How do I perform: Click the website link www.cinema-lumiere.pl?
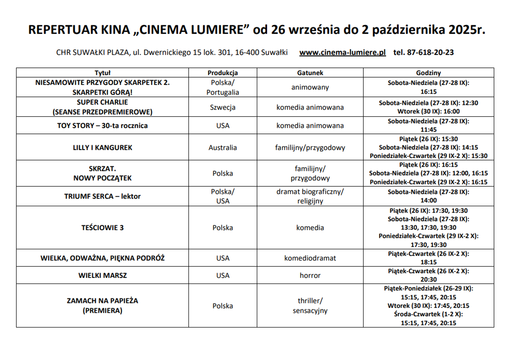342,52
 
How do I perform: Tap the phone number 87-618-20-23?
430,52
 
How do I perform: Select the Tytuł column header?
102,73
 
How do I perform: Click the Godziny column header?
428,73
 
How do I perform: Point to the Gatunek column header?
310,73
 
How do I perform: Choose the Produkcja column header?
223,73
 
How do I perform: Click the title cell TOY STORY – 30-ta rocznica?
102,126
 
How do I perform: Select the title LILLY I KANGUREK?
102,147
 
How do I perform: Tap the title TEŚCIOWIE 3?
102,228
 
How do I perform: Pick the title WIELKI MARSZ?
102,275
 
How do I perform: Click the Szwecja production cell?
223,107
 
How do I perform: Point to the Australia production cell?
223,147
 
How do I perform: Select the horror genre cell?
310,275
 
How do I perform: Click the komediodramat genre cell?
310,258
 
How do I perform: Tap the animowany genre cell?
310,87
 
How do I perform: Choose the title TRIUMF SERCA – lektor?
102,196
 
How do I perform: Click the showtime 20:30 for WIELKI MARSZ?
428,280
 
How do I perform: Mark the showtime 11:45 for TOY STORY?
428,130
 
